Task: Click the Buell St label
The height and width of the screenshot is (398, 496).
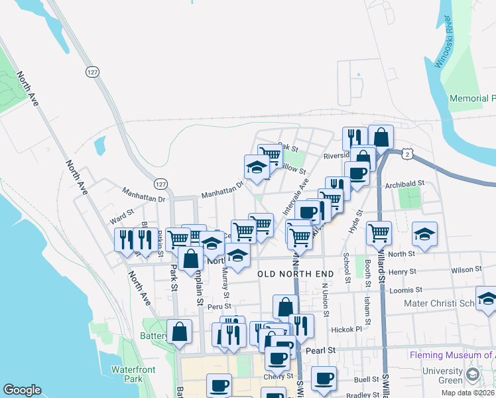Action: pos(366,380)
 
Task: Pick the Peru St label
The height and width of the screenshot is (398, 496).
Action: pos(218,306)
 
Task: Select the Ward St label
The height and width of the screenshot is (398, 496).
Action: pos(122,216)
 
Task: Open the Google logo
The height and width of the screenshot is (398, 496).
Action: pos(22,390)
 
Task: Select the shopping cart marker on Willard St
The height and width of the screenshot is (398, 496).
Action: pos(379,233)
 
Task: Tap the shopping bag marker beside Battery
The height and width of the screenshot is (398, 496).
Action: pos(179,332)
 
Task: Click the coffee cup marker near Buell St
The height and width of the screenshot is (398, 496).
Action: pos(324,379)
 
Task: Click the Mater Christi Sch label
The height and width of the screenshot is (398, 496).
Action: pos(438,304)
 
